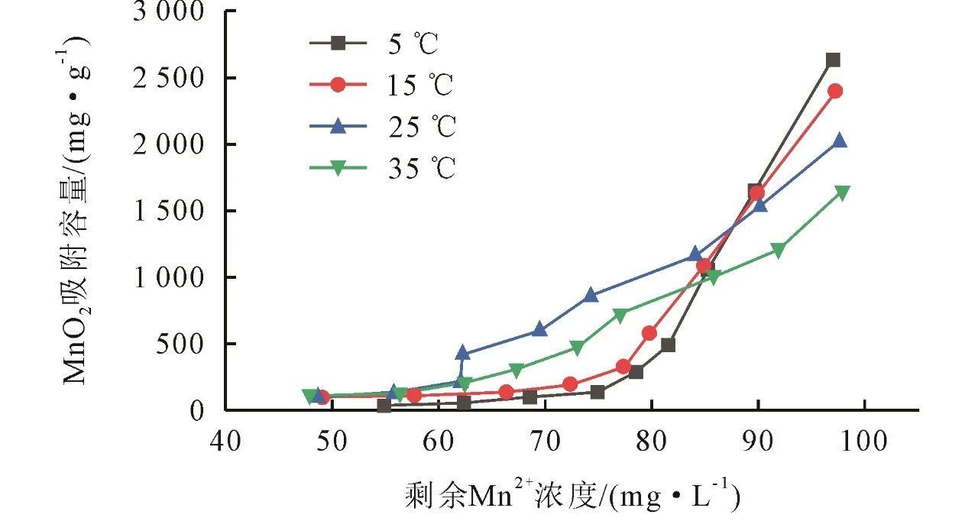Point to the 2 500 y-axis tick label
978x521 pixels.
tap(170, 79)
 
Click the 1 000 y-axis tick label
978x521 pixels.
tap(170, 278)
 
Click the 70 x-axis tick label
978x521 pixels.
tap(546, 442)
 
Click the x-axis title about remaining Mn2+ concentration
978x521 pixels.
tap(572, 496)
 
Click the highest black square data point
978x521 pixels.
tap(833, 60)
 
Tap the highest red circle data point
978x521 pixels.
tap(835, 91)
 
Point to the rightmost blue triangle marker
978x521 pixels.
tap(839, 141)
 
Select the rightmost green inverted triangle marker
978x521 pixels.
tap(842, 193)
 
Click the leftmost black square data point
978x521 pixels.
tap(384, 406)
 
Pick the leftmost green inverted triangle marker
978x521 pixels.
tap(310, 396)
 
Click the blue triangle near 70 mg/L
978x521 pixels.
tap(539, 329)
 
